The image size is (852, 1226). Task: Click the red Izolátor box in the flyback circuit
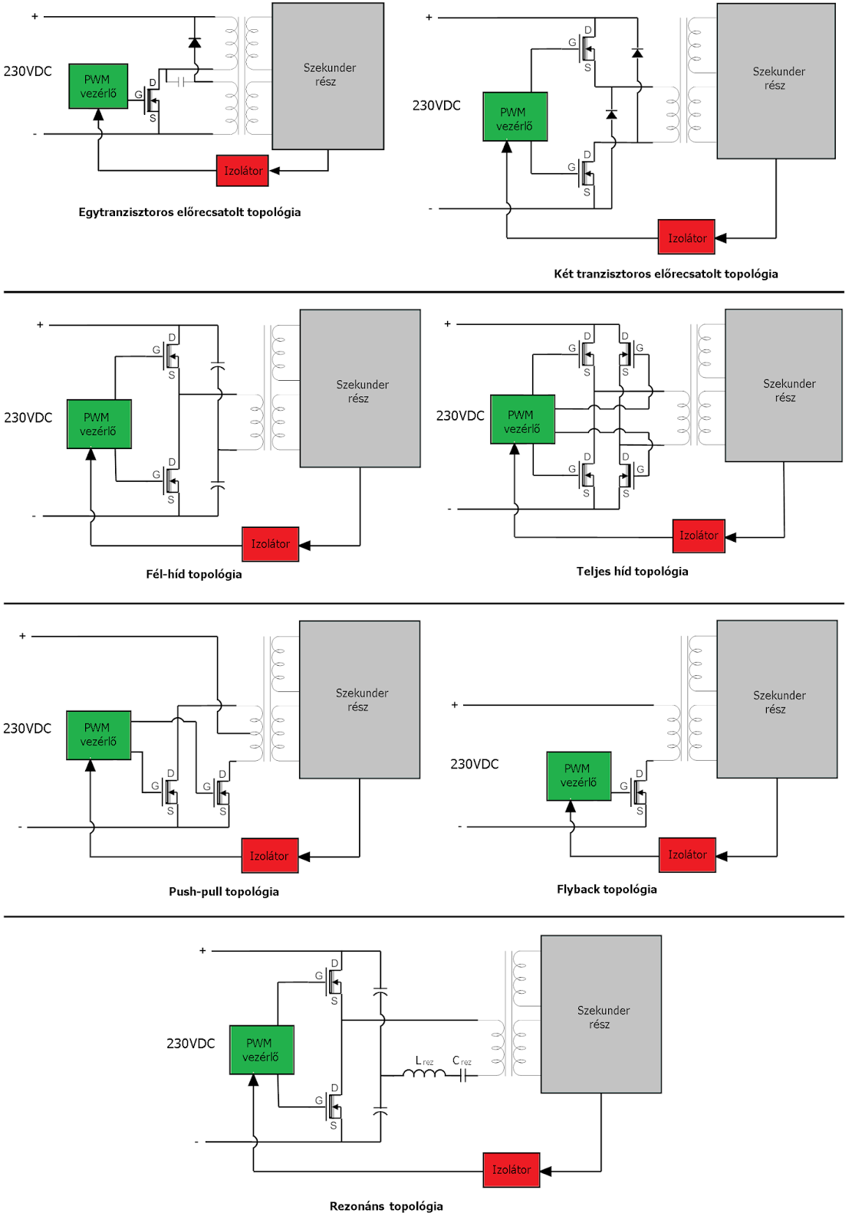pos(686,854)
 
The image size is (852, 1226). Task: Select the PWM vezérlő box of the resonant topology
pos(262,1050)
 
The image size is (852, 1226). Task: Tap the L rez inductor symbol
pos(423,1074)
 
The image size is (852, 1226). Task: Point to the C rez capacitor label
pos(461,1061)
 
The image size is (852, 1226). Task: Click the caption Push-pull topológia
pos(224,891)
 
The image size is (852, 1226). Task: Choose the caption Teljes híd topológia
pos(632,571)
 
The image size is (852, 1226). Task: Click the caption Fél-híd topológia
pos(194,574)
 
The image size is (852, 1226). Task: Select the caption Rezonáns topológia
pos(386,1206)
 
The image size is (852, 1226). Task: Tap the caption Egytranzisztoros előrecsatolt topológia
pos(189,212)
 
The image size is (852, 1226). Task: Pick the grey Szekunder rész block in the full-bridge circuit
pos(783,385)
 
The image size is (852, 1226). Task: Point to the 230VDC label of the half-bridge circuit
pos(28,418)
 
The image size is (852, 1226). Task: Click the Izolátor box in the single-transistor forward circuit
pos(242,171)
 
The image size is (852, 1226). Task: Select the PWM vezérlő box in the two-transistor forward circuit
pos(515,117)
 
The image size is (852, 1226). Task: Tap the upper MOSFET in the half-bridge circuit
pos(170,356)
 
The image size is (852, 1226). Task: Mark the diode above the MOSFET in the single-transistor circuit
pos(195,43)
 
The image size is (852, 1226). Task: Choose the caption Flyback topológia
pos(607,889)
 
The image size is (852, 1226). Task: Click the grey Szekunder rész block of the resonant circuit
pos(601,1014)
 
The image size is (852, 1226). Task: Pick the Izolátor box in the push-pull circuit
pos(269,856)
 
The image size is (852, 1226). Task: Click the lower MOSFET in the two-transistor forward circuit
pos(586,174)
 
